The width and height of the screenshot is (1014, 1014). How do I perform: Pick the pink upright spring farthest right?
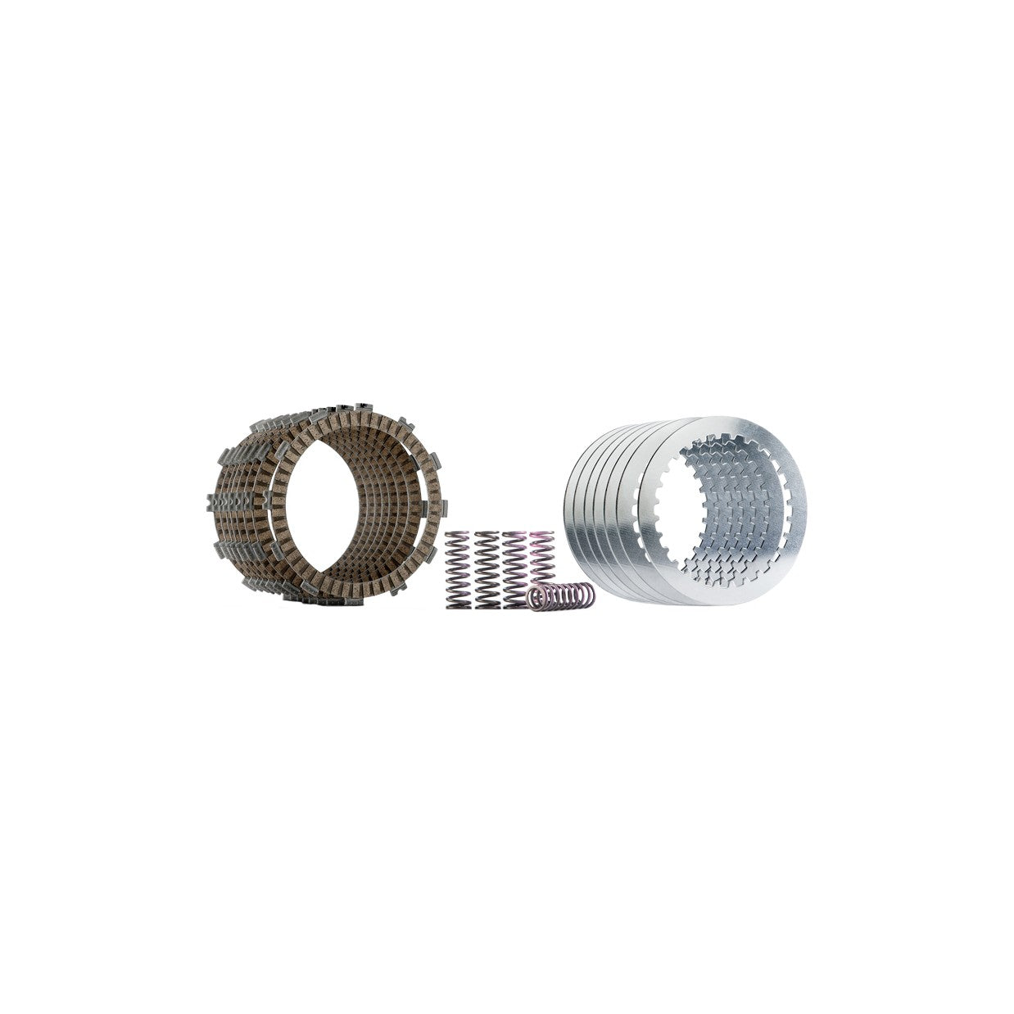point(541,557)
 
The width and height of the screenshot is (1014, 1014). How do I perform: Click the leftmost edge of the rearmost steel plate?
point(567,508)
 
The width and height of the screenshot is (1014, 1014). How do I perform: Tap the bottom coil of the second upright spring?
point(486,605)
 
